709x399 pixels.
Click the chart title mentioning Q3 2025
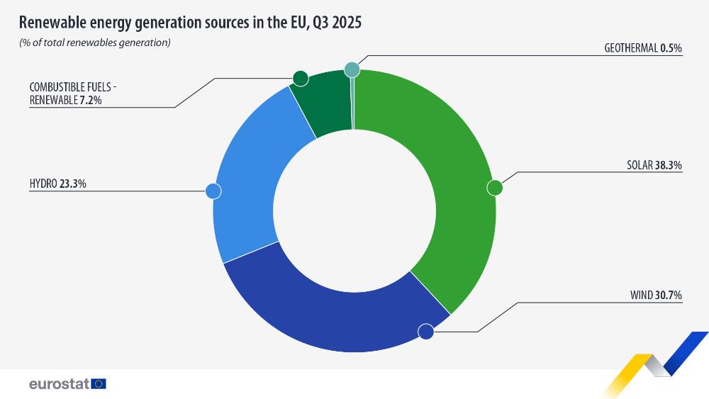tap(190, 23)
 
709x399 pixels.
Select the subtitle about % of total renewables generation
tap(95, 43)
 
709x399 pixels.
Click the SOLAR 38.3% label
tap(654, 165)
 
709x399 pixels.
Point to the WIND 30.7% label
tap(657, 296)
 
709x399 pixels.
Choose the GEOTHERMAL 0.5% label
tap(642, 48)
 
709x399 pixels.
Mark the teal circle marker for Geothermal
tap(352, 69)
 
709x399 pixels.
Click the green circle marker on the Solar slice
tap(495, 188)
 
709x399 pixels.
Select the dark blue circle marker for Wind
tap(426, 331)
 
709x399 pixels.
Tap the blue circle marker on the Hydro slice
tap(213, 191)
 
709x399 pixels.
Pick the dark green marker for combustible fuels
tap(300, 78)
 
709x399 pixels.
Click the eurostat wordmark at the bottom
tap(59, 383)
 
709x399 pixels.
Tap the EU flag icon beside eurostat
tap(99, 383)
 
